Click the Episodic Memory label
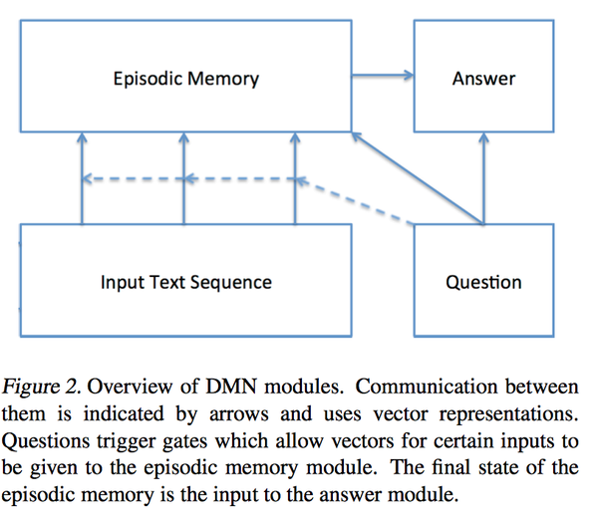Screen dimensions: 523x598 pyautogui.click(x=185, y=79)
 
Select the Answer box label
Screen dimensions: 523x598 pyautogui.click(x=483, y=79)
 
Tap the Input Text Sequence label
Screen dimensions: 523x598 pyautogui.click(x=185, y=282)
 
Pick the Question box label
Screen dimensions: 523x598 pyautogui.click(x=483, y=282)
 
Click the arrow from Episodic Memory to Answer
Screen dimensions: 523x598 pyautogui.click(x=384, y=74)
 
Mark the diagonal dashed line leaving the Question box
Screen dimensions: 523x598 pyautogui.click(x=359, y=200)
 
